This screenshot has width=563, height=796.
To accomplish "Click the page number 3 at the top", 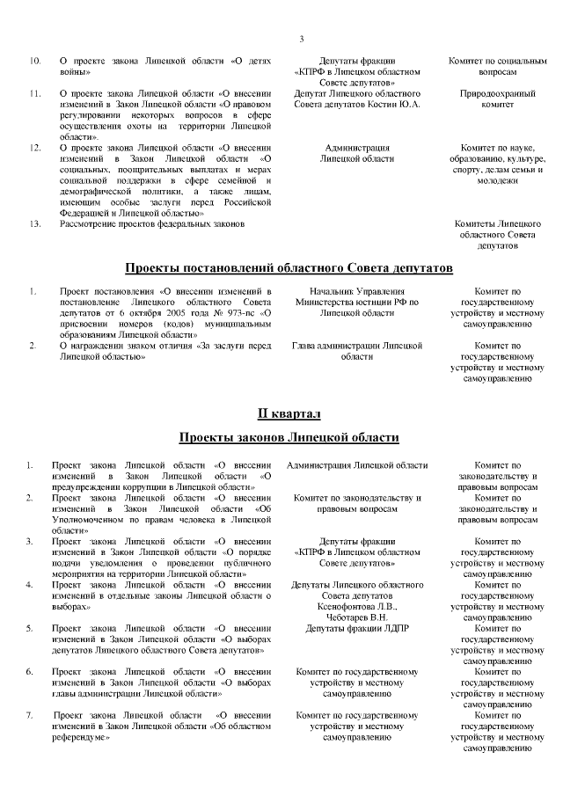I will point(302,39).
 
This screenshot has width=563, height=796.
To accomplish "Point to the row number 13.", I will point(35,224).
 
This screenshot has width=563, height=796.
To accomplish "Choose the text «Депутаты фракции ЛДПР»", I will point(357,628).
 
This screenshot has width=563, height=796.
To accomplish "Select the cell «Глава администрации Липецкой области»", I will point(357,351).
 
